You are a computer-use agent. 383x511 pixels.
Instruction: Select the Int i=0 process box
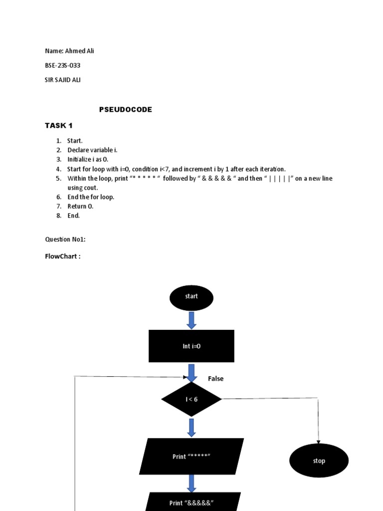click(191, 346)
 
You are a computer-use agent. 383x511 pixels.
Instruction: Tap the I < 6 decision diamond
click(191, 399)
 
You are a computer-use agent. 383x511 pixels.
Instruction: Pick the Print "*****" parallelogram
click(191, 456)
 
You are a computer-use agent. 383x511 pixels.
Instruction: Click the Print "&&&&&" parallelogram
click(191, 502)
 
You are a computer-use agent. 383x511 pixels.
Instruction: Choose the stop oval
click(319, 461)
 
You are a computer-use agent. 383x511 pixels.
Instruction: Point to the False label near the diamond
click(215, 379)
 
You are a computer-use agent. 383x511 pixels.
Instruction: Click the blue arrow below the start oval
click(191, 320)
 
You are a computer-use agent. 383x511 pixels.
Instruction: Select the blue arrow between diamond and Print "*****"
click(191, 427)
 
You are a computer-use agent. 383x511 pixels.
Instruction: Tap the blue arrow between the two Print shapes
click(191, 483)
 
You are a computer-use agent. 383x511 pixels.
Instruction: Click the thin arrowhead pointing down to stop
click(318, 440)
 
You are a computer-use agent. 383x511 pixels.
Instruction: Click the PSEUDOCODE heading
click(125, 110)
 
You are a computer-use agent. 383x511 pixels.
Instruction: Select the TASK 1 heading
click(59, 125)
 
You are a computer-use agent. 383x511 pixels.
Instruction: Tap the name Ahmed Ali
click(69, 51)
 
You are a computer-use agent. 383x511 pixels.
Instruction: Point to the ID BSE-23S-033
click(63, 65)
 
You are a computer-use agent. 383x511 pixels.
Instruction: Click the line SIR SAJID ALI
click(63, 80)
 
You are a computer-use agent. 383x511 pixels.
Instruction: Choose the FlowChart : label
click(63, 256)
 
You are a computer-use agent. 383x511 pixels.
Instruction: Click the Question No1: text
click(65, 240)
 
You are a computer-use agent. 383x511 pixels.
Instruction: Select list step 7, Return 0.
click(80, 206)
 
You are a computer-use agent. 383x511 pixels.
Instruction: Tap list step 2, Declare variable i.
click(92, 150)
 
